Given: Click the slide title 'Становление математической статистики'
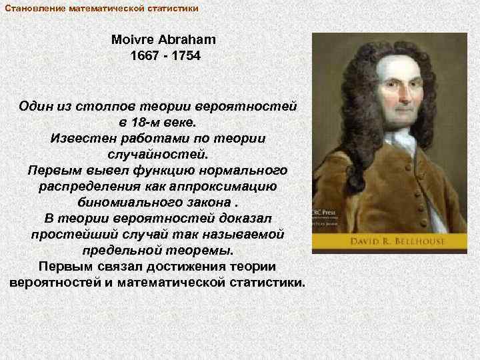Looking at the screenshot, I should coord(101,8).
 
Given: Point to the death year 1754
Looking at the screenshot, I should coord(185,56).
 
